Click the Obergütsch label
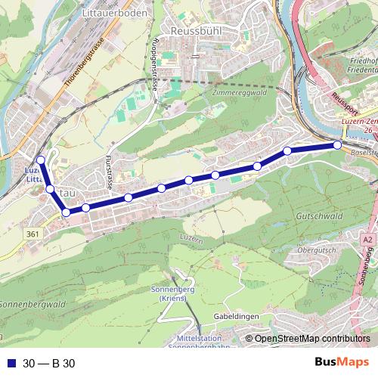pos(316,249)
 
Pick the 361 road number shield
pos(32,235)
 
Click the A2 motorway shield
pos(367,239)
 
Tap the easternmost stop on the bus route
pos(337,144)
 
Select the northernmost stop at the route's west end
pos(41,160)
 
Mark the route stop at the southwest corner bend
pos(67,212)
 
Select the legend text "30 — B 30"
pos(48,363)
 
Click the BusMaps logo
pos(342,362)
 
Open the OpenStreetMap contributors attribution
pos(311,339)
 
